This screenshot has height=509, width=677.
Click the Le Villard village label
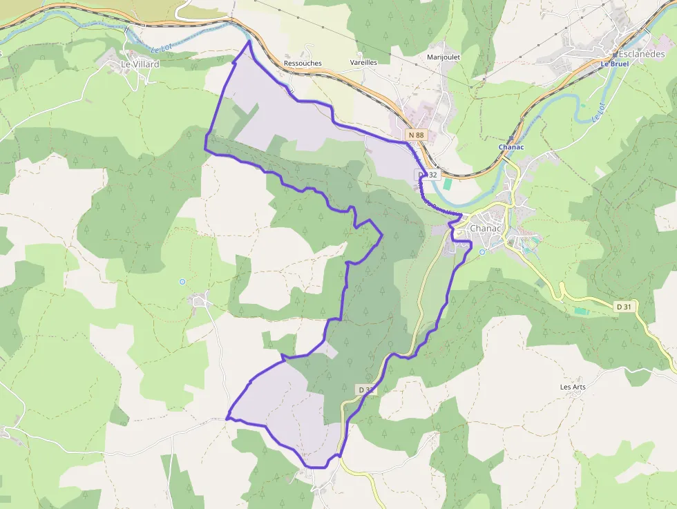(x=140, y=64)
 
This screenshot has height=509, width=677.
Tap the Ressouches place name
(x=303, y=63)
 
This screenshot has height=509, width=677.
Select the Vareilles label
(x=363, y=62)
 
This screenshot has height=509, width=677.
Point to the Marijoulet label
(x=444, y=57)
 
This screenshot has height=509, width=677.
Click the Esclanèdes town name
(x=641, y=54)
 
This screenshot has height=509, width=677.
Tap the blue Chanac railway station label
(x=512, y=147)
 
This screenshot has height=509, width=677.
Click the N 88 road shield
(x=416, y=135)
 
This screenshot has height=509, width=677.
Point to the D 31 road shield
(x=624, y=306)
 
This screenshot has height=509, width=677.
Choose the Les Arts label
(x=573, y=387)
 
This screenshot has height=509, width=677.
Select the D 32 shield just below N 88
(x=428, y=175)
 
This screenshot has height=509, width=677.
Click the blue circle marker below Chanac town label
(x=482, y=251)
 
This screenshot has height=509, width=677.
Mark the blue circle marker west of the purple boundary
(x=182, y=281)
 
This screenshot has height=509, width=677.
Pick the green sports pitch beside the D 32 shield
(x=448, y=184)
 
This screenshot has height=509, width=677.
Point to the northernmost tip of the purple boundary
(x=249, y=41)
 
